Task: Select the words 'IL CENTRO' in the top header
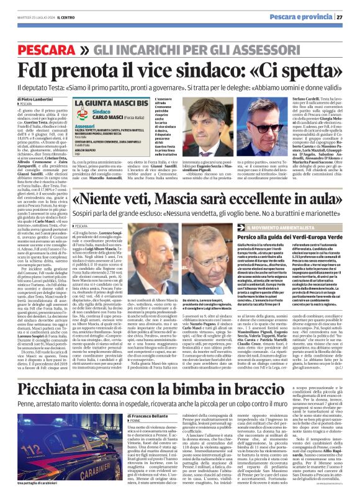(64, 17)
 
